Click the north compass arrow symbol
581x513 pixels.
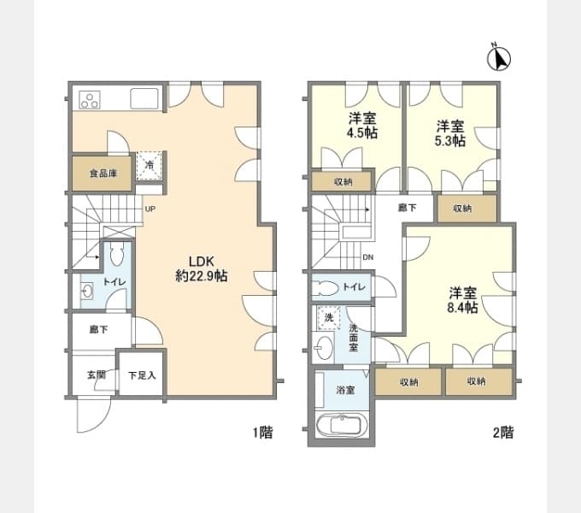pyautogui.click(x=499, y=58)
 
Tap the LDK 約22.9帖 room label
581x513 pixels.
pyautogui.click(x=202, y=268)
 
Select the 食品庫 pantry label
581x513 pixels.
pyautogui.click(x=103, y=173)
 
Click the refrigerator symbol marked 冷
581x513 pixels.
pyautogui.click(x=150, y=165)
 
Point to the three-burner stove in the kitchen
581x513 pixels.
pyautogui.click(x=90, y=100)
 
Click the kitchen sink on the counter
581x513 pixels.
pyautogui.click(x=144, y=98)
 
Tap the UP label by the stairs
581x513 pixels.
pyautogui.click(x=150, y=209)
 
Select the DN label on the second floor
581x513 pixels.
pyautogui.click(x=368, y=257)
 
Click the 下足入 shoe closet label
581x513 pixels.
pyautogui.click(x=142, y=375)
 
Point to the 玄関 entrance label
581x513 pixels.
pyautogui.click(x=97, y=375)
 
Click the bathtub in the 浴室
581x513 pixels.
pyautogui.click(x=342, y=425)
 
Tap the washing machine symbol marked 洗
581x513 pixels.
pyautogui.click(x=329, y=318)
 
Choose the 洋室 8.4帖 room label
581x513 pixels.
pyautogui.click(x=462, y=300)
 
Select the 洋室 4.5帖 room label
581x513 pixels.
pyautogui.click(x=362, y=126)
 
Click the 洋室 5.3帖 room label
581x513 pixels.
pyautogui.click(x=450, y=133)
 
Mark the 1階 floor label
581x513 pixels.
pyautogui.click(x=262, y=432)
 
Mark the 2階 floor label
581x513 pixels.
pyautogui.click(x=503, y=432)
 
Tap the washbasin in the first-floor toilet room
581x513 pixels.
pyautogui.click(x=87, y=291)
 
